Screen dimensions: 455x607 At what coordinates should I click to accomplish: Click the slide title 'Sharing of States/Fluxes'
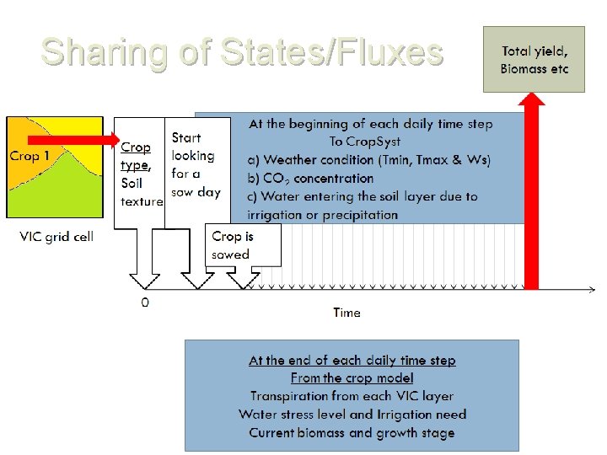(242, 52)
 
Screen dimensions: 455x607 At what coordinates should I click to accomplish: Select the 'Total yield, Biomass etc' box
(534, 59)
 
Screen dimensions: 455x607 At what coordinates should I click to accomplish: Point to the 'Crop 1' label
(30, 156)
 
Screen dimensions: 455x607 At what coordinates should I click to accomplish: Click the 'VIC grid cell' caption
(56, 236)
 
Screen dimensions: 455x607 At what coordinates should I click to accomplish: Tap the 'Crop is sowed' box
(242, 245)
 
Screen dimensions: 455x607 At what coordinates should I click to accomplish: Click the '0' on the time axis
(145, 302)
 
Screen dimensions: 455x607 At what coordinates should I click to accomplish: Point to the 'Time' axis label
(346, 313)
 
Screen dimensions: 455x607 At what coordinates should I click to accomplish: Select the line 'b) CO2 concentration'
(310, 178)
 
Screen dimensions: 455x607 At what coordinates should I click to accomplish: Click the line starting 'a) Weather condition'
(369, 160)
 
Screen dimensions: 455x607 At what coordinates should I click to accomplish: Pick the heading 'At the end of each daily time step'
(352, 360)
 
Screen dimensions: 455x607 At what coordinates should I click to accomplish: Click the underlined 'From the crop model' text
(352, 378)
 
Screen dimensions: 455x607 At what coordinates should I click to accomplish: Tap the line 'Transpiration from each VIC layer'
(352, 396)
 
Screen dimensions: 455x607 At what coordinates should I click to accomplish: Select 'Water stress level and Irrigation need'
(352, 415)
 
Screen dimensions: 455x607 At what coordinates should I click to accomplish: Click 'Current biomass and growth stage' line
(352, 433)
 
